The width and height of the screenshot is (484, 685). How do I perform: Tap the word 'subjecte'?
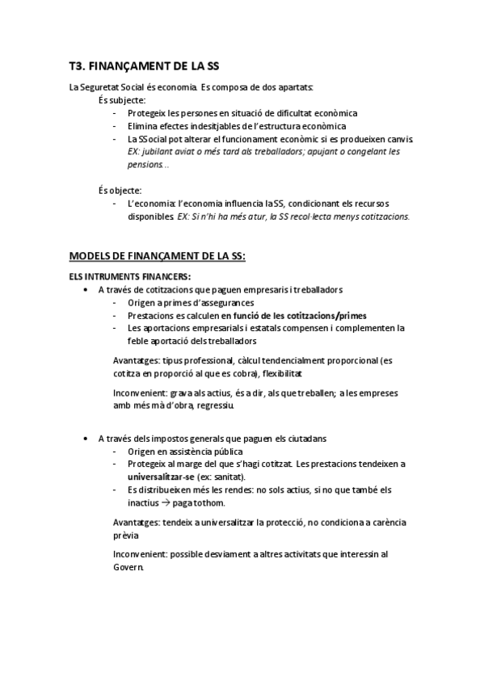coord(126,100)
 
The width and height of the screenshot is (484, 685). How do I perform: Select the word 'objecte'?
coord(125,191)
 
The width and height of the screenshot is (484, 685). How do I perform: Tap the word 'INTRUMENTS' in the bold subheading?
coord(110,276)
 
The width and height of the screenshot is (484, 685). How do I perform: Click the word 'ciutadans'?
coord(306,438)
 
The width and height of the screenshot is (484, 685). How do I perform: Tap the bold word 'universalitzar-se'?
coord(161,477)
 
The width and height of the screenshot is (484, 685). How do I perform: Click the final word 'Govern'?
coord(128,568)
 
